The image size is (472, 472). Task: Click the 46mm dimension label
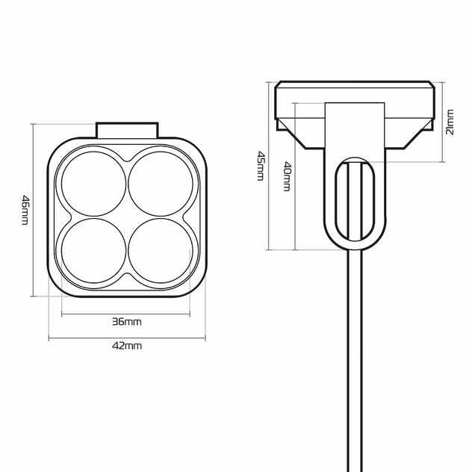click(25, 210)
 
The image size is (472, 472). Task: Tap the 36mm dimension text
click(127, 322)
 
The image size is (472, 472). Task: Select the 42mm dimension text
click(127, 346)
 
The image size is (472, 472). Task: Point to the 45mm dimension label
click(260, 166)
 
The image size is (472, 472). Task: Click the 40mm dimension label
click(288, 176)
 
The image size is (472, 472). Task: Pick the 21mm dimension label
click(450, 122)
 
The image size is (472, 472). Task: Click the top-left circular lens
click(93, 184)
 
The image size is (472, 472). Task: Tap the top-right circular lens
click(161, 184)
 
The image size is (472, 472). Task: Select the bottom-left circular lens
click(93, 250)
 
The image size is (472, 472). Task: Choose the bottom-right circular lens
click(161, 250)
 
